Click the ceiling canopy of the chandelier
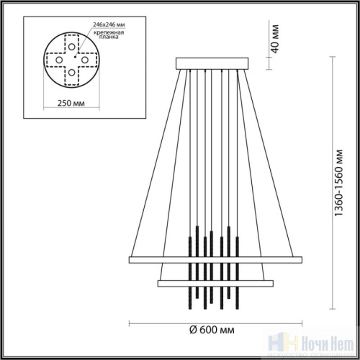point(213,63)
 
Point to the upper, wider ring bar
point(212,258)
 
